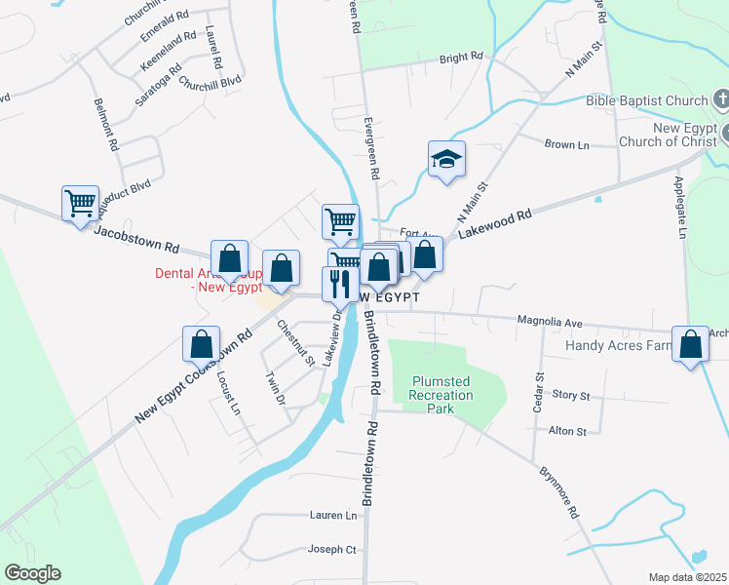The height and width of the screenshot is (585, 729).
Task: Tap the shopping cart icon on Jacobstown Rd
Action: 80,204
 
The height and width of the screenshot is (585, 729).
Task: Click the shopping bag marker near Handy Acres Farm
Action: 691,344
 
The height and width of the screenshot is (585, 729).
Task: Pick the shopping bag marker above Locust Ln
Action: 201,343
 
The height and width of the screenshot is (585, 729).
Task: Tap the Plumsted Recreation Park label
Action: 441,395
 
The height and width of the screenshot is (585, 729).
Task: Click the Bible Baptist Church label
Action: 646,99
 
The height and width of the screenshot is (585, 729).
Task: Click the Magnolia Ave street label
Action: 550,322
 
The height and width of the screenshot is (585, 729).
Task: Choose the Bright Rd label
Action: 461,58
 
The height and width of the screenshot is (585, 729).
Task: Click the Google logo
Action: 32,573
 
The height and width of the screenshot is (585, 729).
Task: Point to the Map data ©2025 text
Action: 688,577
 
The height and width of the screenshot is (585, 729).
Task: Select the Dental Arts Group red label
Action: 208,281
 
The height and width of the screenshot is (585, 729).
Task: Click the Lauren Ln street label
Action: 334,515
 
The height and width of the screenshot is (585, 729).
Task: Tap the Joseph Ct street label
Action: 331,549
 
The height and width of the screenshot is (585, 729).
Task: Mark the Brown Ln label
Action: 567,144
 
